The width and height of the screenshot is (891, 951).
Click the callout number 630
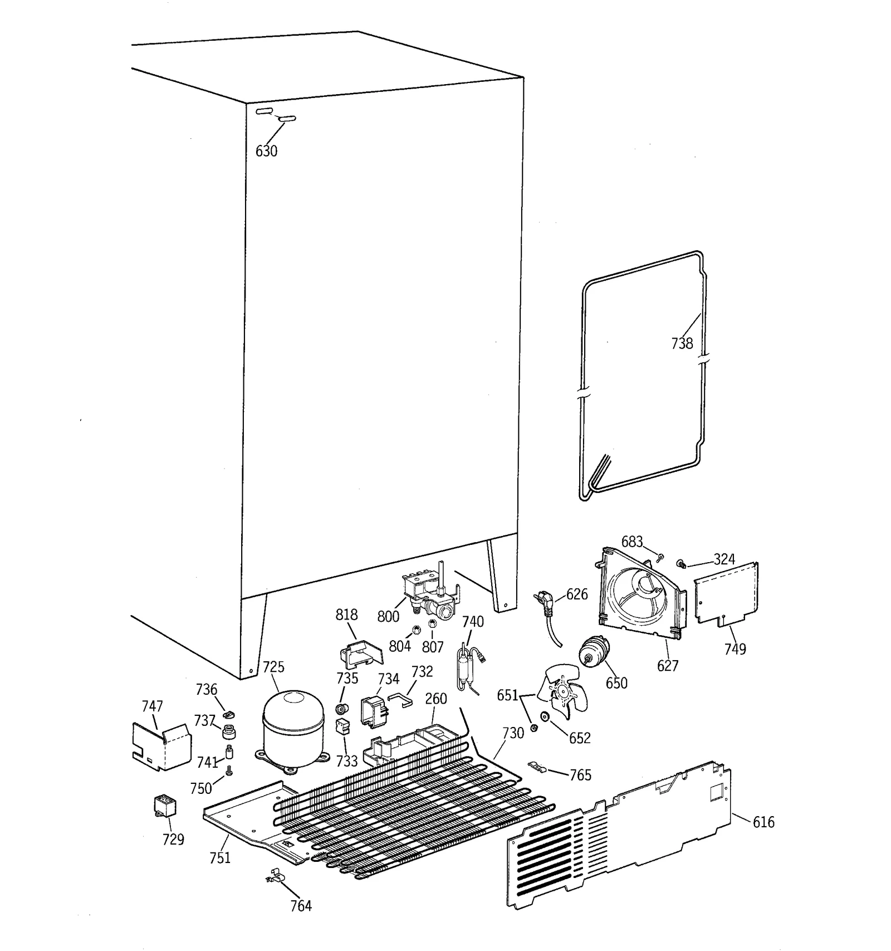tap(266, 151)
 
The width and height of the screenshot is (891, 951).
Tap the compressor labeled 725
tap(293, 728)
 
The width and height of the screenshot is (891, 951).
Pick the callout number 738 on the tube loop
tap(682, 343)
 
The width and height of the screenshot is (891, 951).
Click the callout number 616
tap(763, 822)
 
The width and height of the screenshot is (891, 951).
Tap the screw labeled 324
tap(681, 564)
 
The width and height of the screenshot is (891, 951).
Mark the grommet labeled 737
tap(229, 731)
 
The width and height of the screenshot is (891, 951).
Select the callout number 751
tap(219, 857)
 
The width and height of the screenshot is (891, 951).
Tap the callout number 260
tap(435, 699)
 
